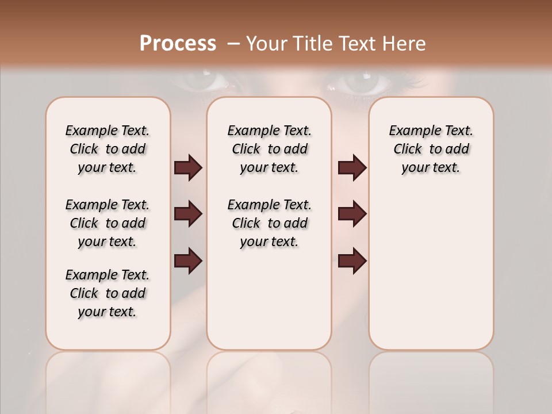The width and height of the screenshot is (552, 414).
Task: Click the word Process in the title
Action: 178,44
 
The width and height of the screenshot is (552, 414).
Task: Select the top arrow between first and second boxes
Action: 188,167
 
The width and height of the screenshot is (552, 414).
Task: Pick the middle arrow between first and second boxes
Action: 188,214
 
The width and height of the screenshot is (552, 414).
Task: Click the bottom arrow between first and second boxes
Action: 188,260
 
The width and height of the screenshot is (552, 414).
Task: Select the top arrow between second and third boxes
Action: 352,167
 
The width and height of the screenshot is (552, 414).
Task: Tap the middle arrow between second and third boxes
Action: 352,214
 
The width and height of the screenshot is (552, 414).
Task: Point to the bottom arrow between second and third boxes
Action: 352,260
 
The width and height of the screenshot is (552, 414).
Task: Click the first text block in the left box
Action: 108,149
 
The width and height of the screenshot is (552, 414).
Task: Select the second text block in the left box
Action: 108,223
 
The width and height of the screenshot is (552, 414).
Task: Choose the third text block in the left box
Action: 108,293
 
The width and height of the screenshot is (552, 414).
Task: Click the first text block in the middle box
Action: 269,149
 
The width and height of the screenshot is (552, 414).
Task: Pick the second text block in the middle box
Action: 269,223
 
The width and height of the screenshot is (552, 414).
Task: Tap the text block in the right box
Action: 431,149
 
